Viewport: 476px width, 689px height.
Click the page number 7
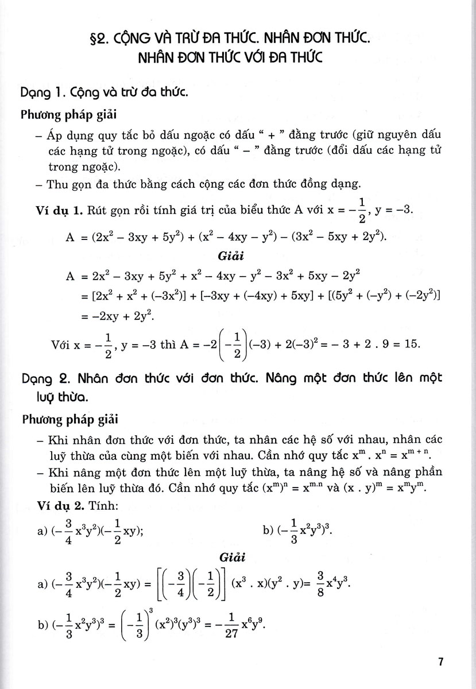click(440, 662)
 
